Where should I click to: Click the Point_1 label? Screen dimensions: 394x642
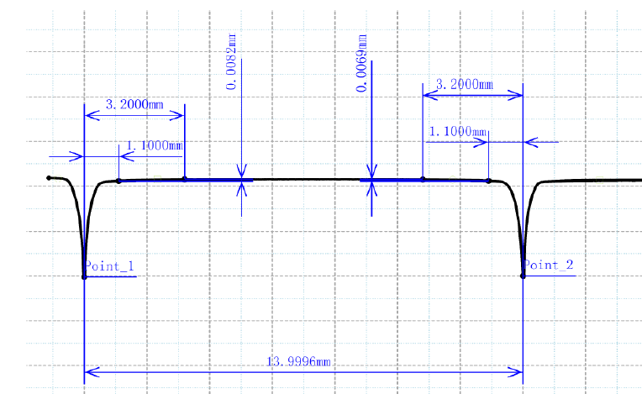coord(108,266)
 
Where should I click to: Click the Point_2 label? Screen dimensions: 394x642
coord(548,265)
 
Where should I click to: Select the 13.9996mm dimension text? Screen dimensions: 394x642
coord(298,361)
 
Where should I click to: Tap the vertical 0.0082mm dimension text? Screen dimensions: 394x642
coord(232,61)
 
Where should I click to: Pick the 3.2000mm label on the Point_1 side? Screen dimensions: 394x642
coord(134,104)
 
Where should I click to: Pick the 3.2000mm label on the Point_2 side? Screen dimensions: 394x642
coord(464,85)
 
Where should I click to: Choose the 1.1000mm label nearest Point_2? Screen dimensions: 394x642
coord(458,132)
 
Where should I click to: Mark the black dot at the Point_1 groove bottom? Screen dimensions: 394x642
coord(84,276)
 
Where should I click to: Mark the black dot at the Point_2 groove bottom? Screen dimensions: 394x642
coord(523,276)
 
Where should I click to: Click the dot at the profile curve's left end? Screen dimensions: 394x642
coord(49,178)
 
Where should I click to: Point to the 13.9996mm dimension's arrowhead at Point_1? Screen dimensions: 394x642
coord(90,370)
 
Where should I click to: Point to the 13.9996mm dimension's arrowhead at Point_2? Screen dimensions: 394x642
coord(517,370)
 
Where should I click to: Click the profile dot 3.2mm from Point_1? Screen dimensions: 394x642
coord(184,179)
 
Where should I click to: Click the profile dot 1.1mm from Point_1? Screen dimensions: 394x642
coord(118,181)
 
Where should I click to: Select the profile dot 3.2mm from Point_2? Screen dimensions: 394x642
coord(423,179)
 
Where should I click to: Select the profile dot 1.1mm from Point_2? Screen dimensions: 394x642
coord(488,181)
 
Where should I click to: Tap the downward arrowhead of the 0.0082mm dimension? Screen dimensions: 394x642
coord(241,172)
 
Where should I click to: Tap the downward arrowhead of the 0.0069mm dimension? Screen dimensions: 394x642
coord(371,172)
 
